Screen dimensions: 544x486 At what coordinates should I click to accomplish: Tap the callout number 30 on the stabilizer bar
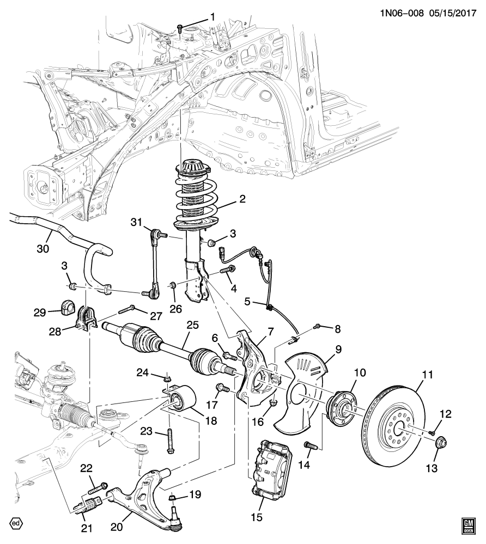point(42,249)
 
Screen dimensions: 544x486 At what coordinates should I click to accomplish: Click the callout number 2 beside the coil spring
point(242,199)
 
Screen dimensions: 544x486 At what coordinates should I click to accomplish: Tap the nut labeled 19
point(172,497)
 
